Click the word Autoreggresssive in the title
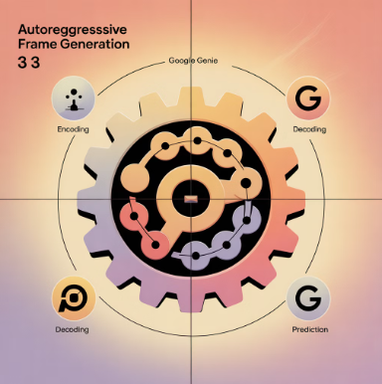pyautogui.click(x=73, y=30)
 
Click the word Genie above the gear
pyautogui.click(x=207, y=61)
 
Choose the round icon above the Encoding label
pyautogui.click(x=73, y=98)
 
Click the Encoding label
pyautogui.click(x=73, y=129)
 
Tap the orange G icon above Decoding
pyautogui.click(x=308, y=98)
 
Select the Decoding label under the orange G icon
pyautogui.click(x=309, y=129)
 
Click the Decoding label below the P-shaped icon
pyautogui.click(x=72, y=329)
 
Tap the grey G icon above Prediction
pyautogui.click(x=308, y=298)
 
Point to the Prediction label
pyautogui.click(x=310, y=329)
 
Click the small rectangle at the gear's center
pyautogui.click(x=191, y=199)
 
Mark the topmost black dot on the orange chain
pyautogui.click(x=197, y=141)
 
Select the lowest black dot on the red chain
pyautogui.click(x=155, y=246)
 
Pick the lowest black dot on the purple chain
pyautogui.click(x=196, y=256)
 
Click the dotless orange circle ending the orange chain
pyautogui.click(x=134, y=179)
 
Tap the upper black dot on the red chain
pyautogui.click(x=134, y=217)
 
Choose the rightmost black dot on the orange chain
pyautogui.click(x=246, y=183)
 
